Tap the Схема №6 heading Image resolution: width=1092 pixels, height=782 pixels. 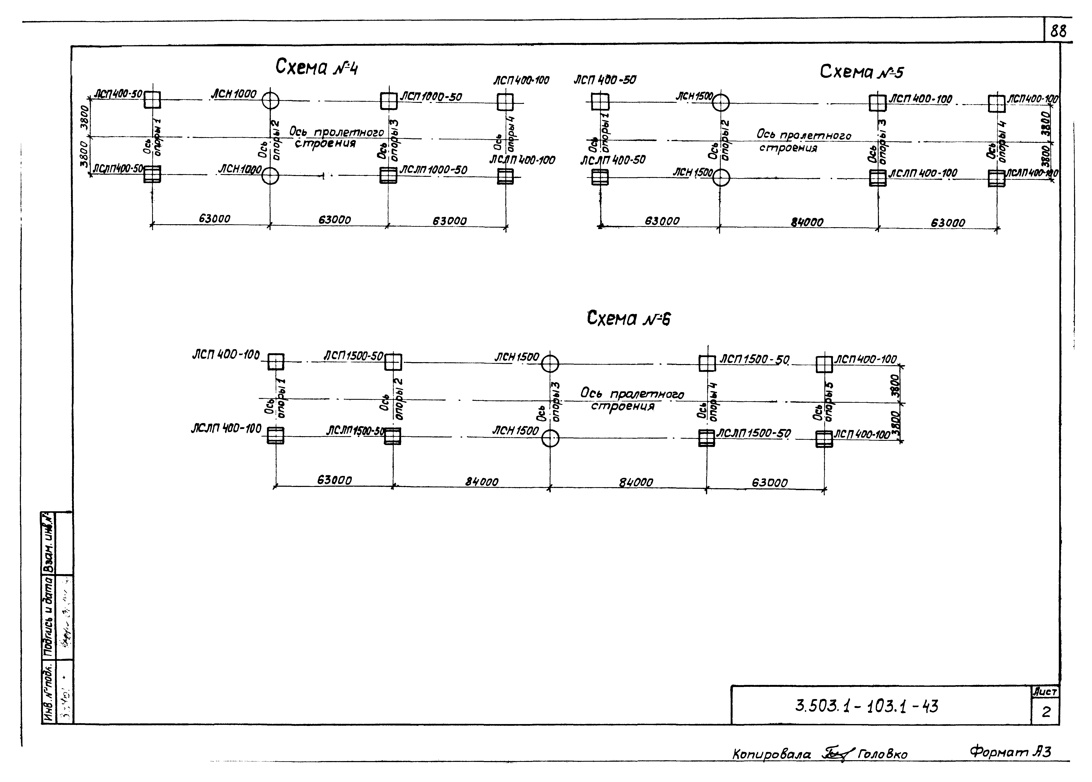click(x=628, y=319)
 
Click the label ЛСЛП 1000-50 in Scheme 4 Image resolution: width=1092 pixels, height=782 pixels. click(x=433, y=170)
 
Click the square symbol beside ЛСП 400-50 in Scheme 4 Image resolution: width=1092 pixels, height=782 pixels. click(x=152, y=100)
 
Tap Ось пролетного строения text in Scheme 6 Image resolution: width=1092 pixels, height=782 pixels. click(x=631, y=400)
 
